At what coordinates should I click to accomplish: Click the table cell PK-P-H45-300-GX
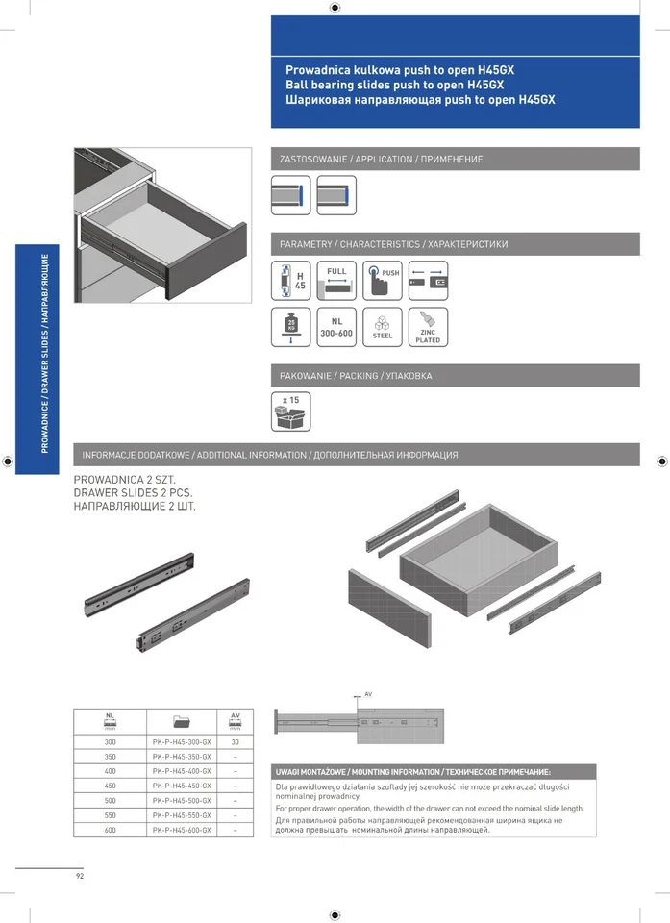(182, 742)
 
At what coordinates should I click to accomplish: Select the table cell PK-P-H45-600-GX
(182, 829)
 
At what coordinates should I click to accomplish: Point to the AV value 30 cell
(235, 742)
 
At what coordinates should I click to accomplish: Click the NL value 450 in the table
(110, 786)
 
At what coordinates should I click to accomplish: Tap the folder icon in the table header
(182, 720)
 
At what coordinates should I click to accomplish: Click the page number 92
(81, 876)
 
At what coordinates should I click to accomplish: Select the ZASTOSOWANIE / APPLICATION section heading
(382, 159)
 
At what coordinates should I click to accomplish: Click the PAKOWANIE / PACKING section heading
(356, 376)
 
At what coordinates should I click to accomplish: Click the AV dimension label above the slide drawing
(368, 693)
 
